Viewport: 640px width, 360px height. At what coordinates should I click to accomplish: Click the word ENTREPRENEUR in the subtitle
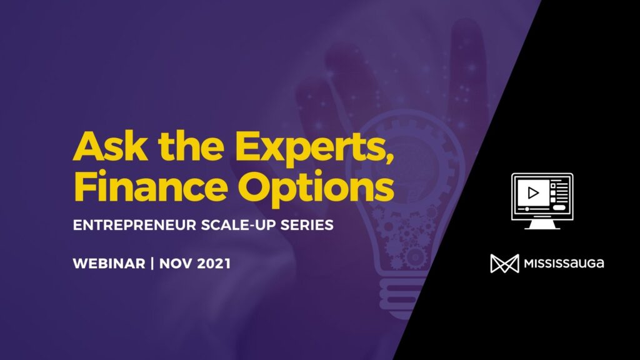tap(135, 225)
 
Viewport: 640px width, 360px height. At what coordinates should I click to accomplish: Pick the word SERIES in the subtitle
tap(307, 225)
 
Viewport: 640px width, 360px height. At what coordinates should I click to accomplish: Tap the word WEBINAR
tap(109, 263)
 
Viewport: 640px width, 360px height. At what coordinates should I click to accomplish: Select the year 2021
tap(214, 263)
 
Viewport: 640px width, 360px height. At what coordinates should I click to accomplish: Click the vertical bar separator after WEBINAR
tap(152, 263)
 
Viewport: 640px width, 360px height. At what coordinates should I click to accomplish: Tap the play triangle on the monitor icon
tap(532, 192)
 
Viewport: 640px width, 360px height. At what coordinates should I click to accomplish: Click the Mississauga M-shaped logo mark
tap(504, 263)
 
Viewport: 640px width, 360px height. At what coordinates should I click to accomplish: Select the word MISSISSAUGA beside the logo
tap(564, 263)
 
